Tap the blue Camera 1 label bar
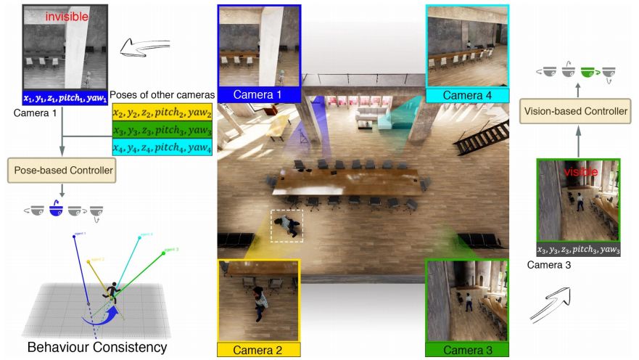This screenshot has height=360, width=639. pos(259,95)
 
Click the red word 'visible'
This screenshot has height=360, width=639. pos(578,172)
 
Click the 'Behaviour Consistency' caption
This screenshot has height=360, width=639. pos(97,347)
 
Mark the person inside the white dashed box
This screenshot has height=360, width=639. pos(289,225)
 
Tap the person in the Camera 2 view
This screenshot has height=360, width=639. pos(258,302)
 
